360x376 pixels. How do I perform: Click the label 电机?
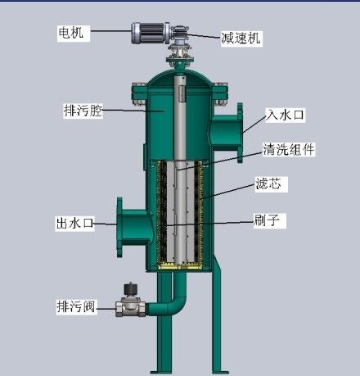click(71, 32)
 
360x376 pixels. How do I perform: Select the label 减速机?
click(241, 38)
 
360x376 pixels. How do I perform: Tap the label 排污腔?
click(83, 111)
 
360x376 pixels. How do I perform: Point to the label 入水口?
click(285, 115)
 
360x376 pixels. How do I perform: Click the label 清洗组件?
click(289, 149)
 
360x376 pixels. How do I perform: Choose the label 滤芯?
click(268, 183)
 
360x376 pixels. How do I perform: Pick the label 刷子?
click(267, 220)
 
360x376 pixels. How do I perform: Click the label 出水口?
click(74, 223)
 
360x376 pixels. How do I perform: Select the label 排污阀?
click(76, 306)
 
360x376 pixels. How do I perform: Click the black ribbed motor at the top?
click(151, 33)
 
